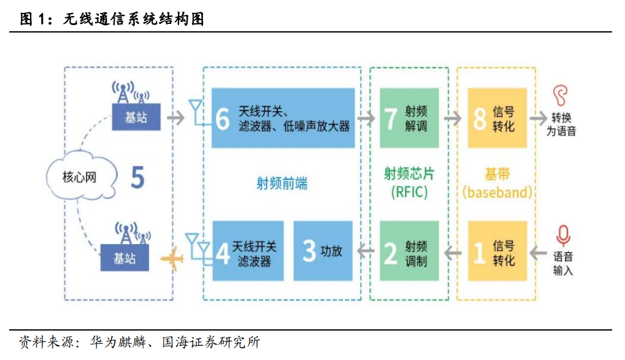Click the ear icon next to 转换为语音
point(559,96)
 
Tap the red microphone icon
point(562,236)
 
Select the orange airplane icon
point(172,258)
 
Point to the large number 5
point(137,178)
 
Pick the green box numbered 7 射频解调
point(408,118)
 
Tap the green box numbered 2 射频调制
point(408,252)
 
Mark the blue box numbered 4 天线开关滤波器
point(248,252)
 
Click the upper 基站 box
point(136,117)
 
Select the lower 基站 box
point(125,258)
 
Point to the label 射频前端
point(282,183)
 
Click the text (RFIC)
point(409,193)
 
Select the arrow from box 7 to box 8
point(454,118)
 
